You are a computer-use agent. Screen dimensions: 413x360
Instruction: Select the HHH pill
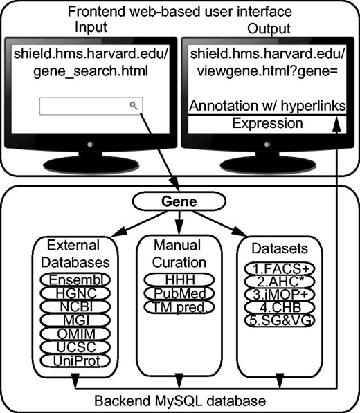(x=179, y=279)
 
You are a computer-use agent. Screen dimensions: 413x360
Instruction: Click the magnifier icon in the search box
(x=133, y=105)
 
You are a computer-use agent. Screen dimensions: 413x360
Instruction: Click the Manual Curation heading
(x=179, y=254)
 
